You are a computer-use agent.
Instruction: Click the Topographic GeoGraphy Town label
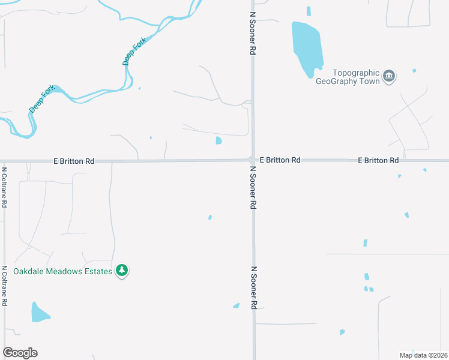click(x=348, y=77)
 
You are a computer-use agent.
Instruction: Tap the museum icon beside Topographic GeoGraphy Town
click(x=389, y=77)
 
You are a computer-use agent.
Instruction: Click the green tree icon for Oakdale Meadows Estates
click(x=122, y=271)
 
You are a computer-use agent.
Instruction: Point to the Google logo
click(x=20, y=353)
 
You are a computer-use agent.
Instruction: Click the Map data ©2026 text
click(x=423, y=355)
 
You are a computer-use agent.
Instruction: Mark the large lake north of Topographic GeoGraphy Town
click(x=306, y=48)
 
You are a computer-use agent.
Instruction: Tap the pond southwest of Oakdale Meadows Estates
click(x=40, y=313)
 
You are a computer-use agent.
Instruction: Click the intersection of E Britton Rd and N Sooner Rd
click(x=253, y=160)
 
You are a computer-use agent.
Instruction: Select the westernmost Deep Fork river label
click(x=41, y=99)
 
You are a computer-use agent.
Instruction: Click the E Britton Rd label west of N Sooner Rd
click(x=74, y=161)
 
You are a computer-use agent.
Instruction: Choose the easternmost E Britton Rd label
click(x=378, y=161)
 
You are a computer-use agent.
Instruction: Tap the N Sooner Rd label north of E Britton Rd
click(x=253, y=28)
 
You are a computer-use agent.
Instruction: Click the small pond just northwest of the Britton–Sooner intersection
click(x=218, y=141)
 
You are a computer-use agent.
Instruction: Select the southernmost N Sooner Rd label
click(x=254, y=288)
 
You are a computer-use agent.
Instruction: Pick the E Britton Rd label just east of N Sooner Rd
click(x=280, y=160)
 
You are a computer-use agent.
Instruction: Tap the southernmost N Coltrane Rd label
click(x=4, y=286)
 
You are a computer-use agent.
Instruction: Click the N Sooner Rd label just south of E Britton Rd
click(x=253, y=188)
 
